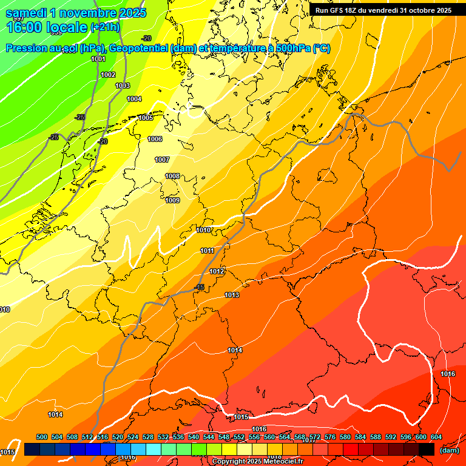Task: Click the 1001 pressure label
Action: tap(98, 59)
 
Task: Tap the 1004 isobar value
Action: tap(134, 99)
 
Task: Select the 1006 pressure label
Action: tap(155, 139)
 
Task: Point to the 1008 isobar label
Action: tap(172, 176)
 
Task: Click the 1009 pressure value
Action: tap(172, 200)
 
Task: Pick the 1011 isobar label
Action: tap(207, 251)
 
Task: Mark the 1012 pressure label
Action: tap(217, 271)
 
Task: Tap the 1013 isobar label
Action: tap(231, 295)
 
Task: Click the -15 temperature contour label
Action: tap(200, 287)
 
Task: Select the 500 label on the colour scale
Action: tap(42, 437)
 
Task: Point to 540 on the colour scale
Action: tap(194, 437)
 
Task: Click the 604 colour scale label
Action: tap(436, 437)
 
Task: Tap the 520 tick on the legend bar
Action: tap(118, 437)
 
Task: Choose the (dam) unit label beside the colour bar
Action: tap(449, 450)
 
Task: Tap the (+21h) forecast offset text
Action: tap(104, 27)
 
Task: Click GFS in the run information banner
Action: tap(337, 10)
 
